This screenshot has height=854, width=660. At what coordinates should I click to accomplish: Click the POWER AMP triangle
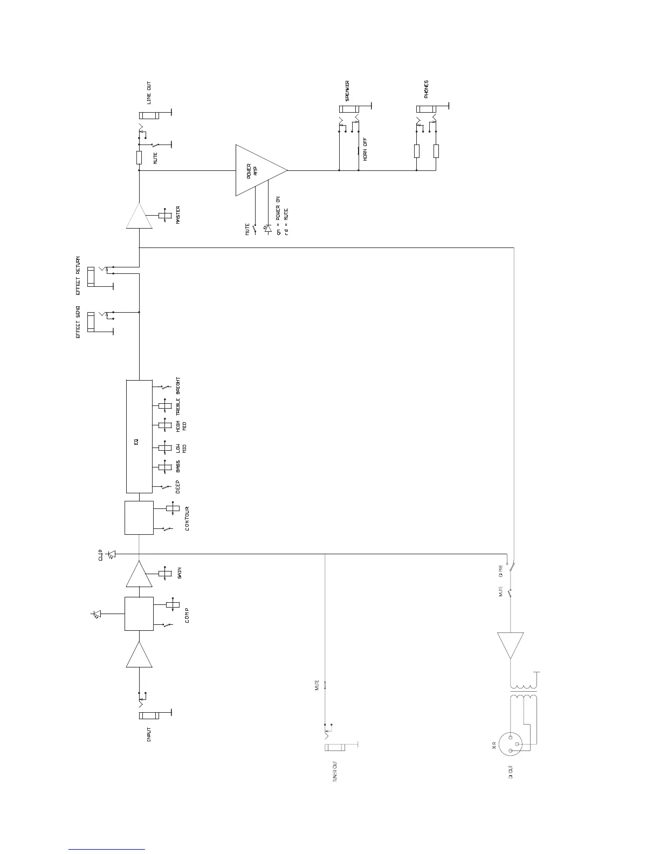pyautogui.click(x=258, y=170)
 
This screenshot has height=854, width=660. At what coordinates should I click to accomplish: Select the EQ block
pyautogui.click(x=139, y=437)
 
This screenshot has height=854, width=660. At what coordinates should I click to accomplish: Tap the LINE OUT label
pyautogui.click(x=149, y=93)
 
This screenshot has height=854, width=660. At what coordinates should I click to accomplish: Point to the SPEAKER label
pyautogui.click(x=348, y=91)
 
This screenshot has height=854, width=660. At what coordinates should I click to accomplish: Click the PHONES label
pyautogui.click(x=427, y=89)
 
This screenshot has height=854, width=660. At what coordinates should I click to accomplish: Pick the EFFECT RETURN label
pyautogui.click(x=78, y=276)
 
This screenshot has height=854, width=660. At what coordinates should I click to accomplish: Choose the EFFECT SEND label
pyautogui.click(x=78, y=322)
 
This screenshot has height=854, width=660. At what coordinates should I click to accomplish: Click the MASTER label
pyautogui.click(x=178, y=215)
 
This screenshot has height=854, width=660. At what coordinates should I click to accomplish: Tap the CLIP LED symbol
pyautogui.click(x=112, y=554)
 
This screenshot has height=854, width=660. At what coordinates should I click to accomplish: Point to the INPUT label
pyautogui.click(x=149, y=735)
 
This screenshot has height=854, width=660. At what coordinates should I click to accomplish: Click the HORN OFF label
pyautogui.click(x=365, y=149)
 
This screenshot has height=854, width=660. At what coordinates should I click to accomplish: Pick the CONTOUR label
pyautogui.click(x=187, y=518)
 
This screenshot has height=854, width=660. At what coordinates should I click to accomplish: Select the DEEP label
pyautogui.click(x=178, y=487)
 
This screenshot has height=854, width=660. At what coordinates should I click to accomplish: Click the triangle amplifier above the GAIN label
pyautogui.click(x=139, y=575)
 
